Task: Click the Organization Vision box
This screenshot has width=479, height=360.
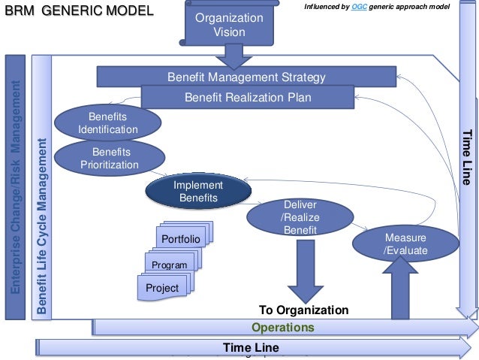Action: [229, 24]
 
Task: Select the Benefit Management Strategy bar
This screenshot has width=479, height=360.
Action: [246, 77]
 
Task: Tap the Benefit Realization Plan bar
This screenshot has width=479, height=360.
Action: [247, 97]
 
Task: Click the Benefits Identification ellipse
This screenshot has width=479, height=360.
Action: [107, 123]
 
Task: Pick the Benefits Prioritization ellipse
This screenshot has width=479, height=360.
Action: [110, 158]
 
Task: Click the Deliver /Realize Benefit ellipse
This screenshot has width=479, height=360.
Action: [299, 216]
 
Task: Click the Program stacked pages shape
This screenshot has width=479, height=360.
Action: [170, 265]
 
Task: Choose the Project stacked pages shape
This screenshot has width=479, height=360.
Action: [163, 288]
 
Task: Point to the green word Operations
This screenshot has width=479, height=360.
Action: [282, 328]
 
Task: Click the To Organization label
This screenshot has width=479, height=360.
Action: [303, 310]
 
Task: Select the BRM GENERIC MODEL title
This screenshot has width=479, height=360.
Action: [79, 11]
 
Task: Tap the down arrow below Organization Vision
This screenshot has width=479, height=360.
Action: [230, 55]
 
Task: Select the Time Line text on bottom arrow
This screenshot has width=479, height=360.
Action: [251, 347]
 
